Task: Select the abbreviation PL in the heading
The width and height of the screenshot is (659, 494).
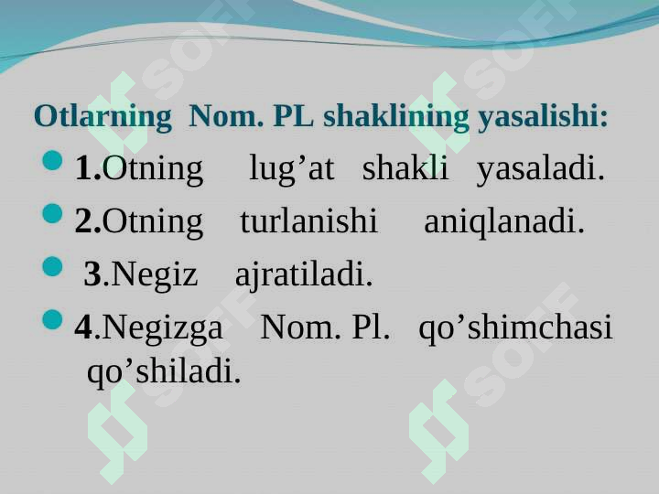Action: [x=293, y=117]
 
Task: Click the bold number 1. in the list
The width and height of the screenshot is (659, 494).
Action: [x=89, y=168]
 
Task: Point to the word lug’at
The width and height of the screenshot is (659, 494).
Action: [x=291, y=168]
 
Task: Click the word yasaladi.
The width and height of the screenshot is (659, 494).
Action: [x=540, y=168]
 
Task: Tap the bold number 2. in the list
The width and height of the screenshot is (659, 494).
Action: [x=89, y=221]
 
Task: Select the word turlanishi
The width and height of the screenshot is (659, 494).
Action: [x=308, y=221]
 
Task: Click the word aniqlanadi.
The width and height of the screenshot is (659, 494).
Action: [x=503, y=221]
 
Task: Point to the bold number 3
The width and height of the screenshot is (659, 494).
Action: [x=92, y=274]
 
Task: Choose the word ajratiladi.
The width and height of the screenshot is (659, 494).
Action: [x=304, y=274]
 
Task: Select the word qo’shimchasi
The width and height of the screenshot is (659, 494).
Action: [x=515, y=328]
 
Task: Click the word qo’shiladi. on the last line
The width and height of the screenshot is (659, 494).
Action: [x=164, y=370]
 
